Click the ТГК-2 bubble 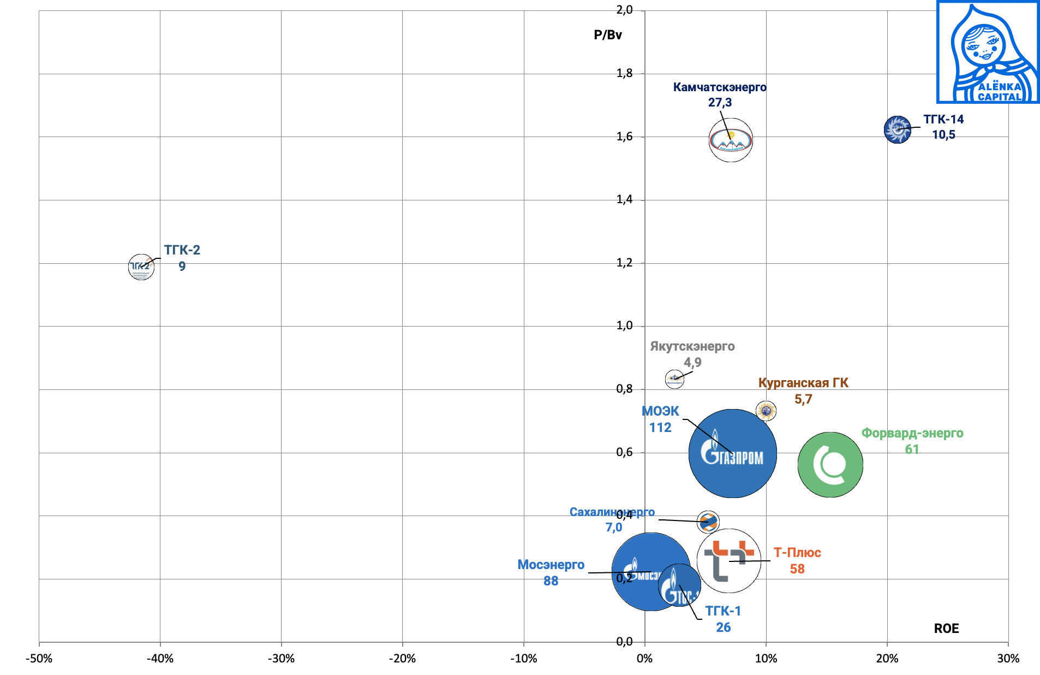tap(141, 267)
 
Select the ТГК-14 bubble tap(898, 129)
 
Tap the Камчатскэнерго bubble tap(731, 140)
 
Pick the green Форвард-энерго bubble tap(830, 465)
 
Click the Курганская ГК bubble tap(766, 411)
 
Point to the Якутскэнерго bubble tap(674, 378)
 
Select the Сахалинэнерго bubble tap(708, 522)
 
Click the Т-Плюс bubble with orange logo tap(729, 560)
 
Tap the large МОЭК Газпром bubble tap(732, 453)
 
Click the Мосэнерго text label tap(551, 565)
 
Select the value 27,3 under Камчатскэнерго tap(720, 103)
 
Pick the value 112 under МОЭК tap(660, 428)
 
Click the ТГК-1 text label tap(723, 611)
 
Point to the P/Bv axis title tap(608, 35)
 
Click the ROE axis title tap(946, 629)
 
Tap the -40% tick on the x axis tap(160, 659)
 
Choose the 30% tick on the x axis tap(1008, 659)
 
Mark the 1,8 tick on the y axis tap(625, 73)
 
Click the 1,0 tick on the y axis tap(625, 326)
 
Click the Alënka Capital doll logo tap(988, 52)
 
